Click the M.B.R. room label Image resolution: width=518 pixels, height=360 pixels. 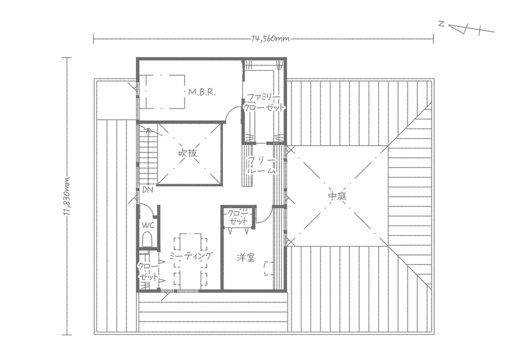[202, 92]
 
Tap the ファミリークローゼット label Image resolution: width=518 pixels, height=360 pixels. [264, 103]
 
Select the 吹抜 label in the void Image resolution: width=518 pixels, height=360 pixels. [188, 153]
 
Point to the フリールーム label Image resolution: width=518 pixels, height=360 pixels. [262, 166]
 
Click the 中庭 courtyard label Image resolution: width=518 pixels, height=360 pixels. [337, 196]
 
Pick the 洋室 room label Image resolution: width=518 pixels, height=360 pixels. [246, 257]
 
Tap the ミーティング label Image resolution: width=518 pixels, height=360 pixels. [190, 256]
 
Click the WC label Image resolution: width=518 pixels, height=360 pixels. [148, 226]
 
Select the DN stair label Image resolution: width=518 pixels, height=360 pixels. [147, 190]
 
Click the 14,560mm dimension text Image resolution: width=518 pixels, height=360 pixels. [270, 39]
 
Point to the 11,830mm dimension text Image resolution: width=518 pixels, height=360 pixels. [67, 196]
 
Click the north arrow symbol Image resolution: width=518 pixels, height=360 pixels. [466, 28]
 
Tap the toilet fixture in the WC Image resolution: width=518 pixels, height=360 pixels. [147, 239]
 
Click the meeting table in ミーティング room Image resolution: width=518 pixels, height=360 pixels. [190, 261]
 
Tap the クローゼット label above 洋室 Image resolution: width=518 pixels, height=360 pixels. [238, 217]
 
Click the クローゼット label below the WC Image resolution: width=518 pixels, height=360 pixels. [147, 272]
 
